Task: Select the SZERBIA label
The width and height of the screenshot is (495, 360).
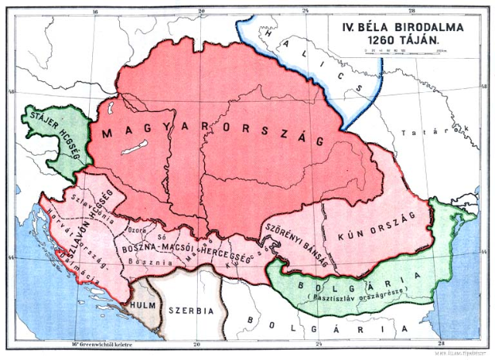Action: click(195, 308)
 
